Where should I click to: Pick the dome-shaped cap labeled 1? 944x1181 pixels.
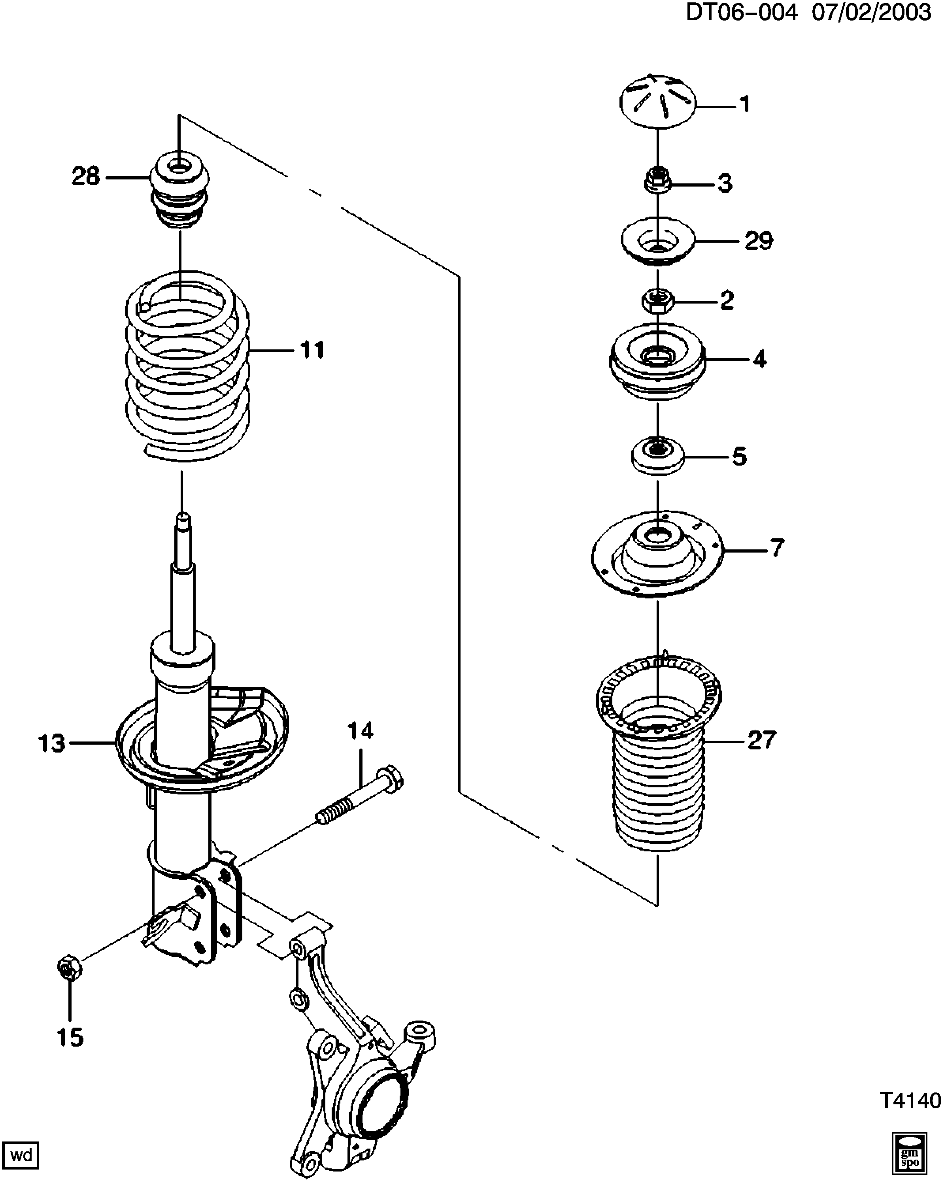(x=657, y=102)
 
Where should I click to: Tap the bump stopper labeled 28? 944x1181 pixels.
(x=180, y=194)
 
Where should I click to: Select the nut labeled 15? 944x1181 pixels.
(x=70, y=971)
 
